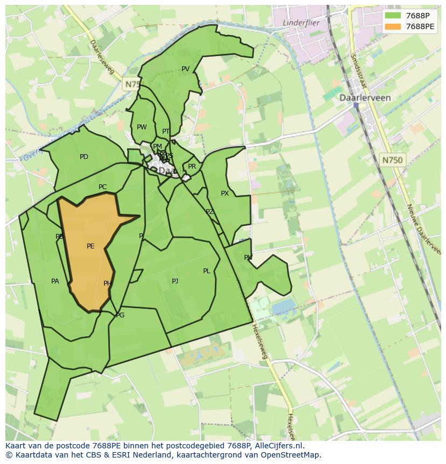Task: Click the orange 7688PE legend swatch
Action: tap(393, 26)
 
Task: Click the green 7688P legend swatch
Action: tap(393, 16)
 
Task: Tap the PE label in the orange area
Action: tap(90, 246)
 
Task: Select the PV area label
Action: tap(185, 69)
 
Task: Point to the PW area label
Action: tap(142, 128)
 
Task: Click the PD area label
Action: tap(84, 157)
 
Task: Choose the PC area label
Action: tap(102, 188)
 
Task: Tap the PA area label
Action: tap(55, 281)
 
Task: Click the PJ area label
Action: tap(175, 281)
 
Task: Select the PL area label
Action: tap(206, 271)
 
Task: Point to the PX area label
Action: tap(225, 193)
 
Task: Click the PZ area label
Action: tap(210, 212)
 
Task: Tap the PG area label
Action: tap(120, 315)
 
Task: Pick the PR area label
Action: tap(192, 167)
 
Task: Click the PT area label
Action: tap(166, 131)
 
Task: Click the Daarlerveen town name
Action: tap(365, 98)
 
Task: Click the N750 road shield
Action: tap(392, 160)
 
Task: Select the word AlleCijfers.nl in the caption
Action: tap(277, 446)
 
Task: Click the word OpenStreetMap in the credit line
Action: tap(291, 455)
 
